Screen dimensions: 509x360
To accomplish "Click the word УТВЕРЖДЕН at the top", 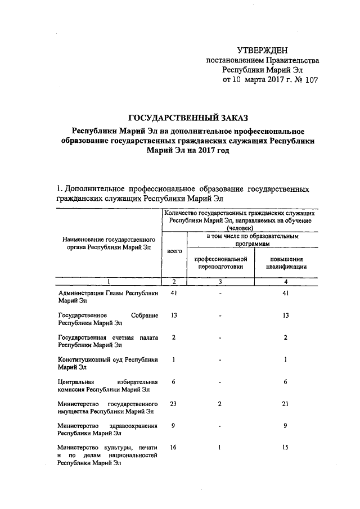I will point(262,51).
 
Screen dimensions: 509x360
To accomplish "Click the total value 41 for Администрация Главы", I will point(174,294).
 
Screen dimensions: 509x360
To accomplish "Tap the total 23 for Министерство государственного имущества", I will point(174,403).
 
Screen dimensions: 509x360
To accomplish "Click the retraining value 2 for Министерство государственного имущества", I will point(220,403).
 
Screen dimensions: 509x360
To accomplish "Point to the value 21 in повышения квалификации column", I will point(286,403).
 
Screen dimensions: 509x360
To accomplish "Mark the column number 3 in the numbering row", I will point(220,281).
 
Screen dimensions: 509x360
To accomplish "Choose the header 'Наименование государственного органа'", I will point(107,243).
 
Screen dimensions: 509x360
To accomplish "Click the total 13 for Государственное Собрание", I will point(174,315).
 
